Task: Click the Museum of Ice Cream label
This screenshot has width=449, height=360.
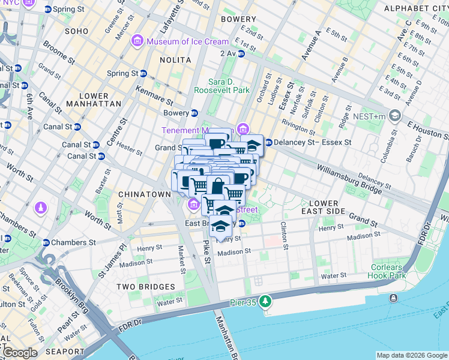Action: (188, 41)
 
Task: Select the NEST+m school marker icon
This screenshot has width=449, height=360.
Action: (394, 115)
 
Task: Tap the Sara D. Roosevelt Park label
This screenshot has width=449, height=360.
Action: (221, 86)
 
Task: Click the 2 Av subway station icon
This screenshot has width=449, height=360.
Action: (241, 53)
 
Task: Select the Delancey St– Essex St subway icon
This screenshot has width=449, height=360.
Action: (268, 143)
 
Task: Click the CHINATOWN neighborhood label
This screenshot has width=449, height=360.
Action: (145, 194)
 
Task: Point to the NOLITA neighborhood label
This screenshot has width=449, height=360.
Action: (175, 60)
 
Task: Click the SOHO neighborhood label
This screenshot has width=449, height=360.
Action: (76, 31)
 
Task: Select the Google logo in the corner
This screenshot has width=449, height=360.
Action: (20, 352)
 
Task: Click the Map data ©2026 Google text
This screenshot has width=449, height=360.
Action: (411, 355)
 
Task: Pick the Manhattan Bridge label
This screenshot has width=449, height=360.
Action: (228, 338)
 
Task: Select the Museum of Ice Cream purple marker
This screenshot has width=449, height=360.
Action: (137, 41)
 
